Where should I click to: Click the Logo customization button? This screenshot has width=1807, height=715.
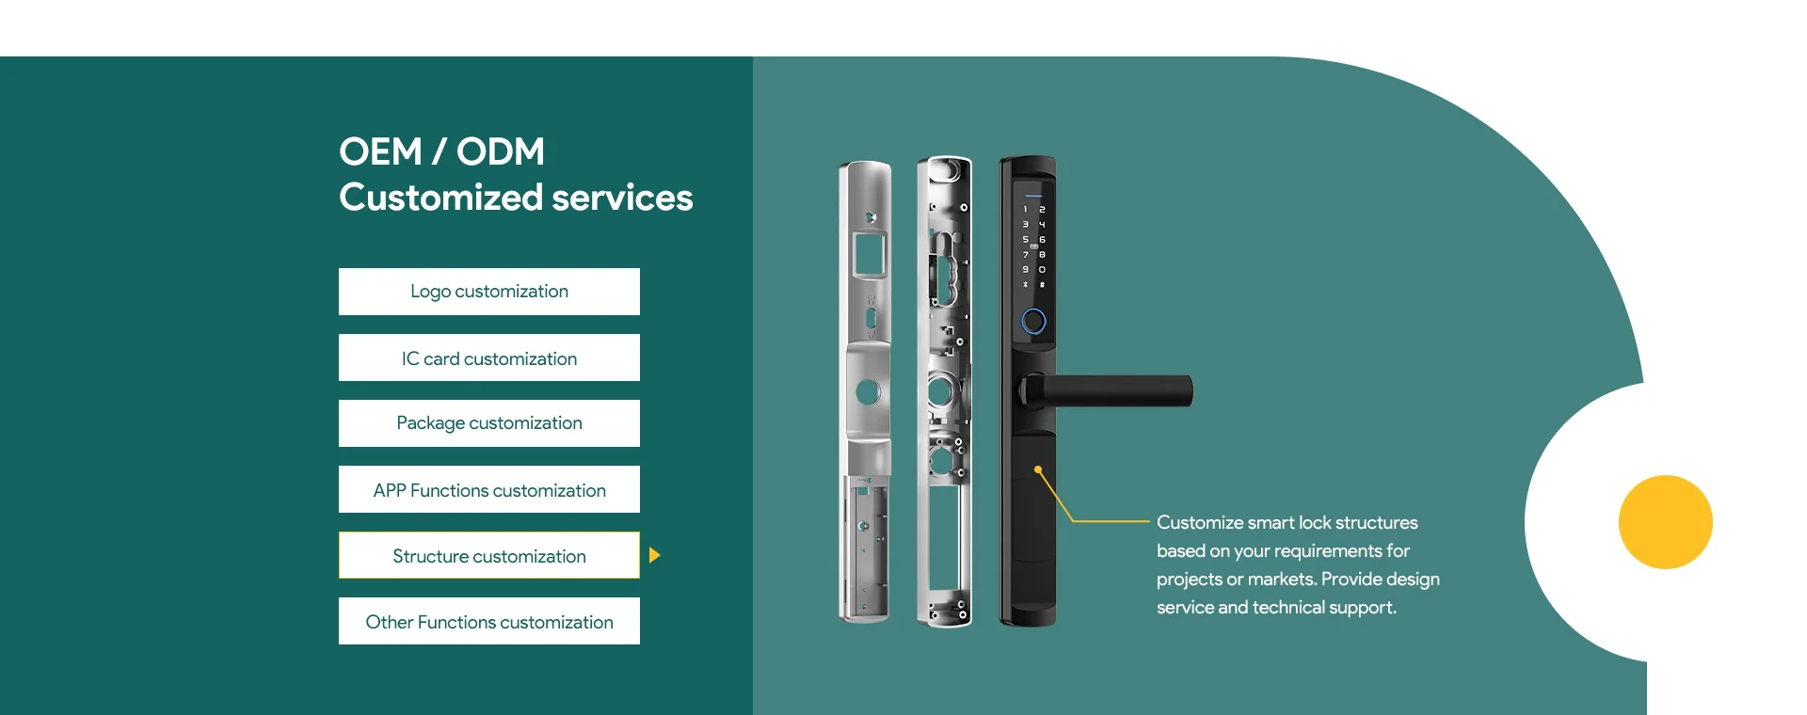[489, 292]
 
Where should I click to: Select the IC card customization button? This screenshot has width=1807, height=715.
[489, 358]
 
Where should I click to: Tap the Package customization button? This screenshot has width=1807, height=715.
[489, 423]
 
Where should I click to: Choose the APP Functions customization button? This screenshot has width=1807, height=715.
[489, 490]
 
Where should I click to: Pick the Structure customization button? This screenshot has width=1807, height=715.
[489, 556]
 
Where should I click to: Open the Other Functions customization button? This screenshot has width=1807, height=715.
[489, 622]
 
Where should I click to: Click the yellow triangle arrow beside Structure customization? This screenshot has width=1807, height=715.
[654, 555]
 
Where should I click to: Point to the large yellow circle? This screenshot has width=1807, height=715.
[1665, 522]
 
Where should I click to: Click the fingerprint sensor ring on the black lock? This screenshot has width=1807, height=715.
[1033, 322]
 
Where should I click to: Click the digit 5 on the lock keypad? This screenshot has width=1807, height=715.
[1025, 240]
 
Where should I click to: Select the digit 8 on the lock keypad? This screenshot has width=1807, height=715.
[1042, 255]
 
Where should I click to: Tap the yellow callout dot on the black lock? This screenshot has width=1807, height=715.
[1038, 469]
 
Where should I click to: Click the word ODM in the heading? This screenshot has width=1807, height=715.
[501, 151]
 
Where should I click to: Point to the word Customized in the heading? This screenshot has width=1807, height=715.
[440, 198]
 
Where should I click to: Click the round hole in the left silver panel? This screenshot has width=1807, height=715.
[868, 391]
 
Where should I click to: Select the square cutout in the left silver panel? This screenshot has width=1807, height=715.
[869, 254]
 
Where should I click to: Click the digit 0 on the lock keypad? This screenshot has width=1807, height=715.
[1042, 270]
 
